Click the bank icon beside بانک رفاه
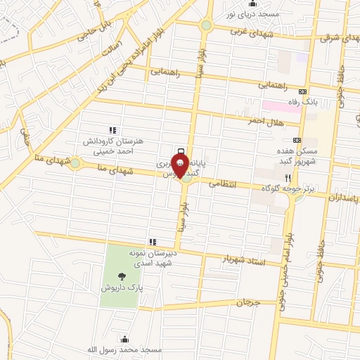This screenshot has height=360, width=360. click(x=303, y=91)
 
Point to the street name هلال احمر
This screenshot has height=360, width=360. click(x=264, y=121)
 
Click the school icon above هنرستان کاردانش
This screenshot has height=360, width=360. click(x=111, y=130)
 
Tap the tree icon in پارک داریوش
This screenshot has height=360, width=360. click(x=124, y=276)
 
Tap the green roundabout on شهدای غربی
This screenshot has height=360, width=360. click(x=206, y=25)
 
